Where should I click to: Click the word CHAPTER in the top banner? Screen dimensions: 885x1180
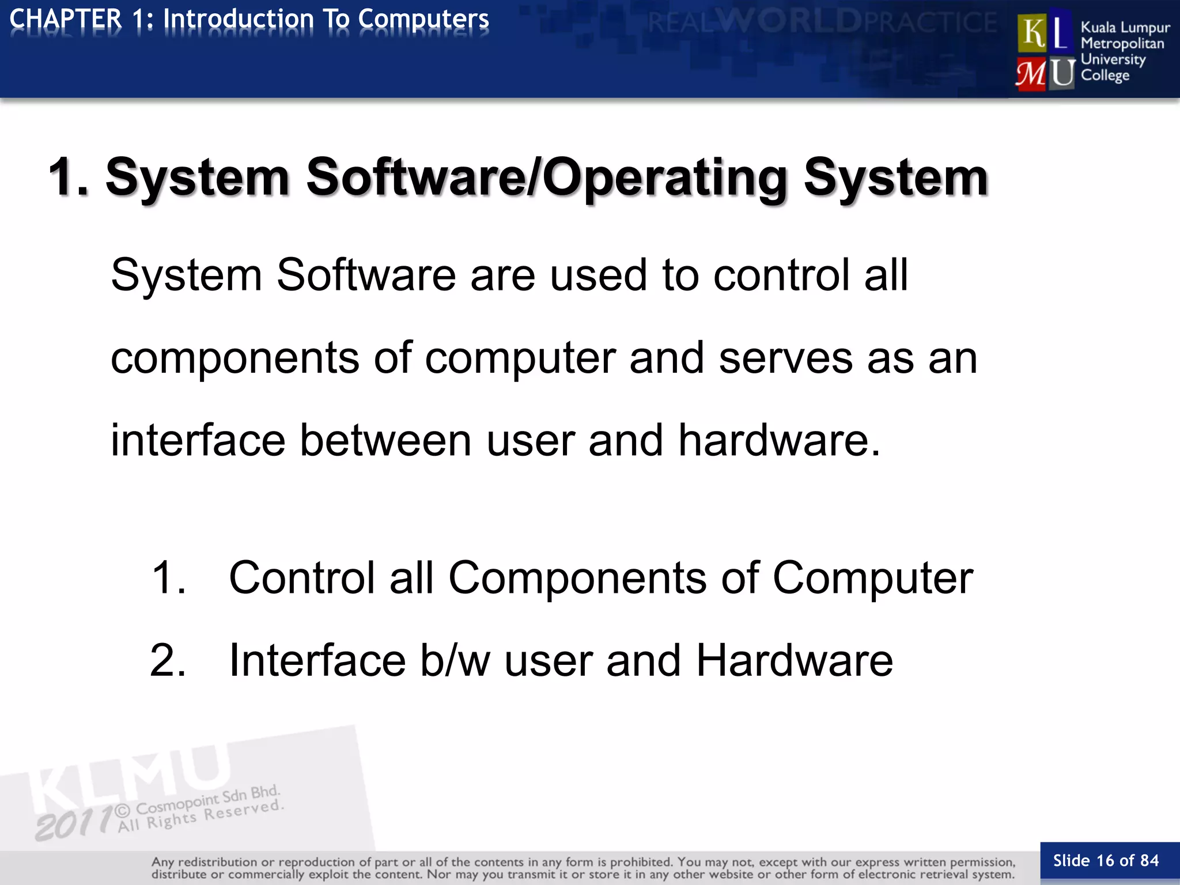[66, 19]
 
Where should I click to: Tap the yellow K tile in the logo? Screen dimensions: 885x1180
[1033, 32]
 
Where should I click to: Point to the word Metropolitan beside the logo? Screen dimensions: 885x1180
[1122, 44]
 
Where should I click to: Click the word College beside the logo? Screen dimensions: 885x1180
[1105, 75]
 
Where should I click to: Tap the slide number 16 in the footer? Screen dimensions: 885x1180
[1105, 861]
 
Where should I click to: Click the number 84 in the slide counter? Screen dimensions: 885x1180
[1149, 861]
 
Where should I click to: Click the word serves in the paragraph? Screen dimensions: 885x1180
[786, 358]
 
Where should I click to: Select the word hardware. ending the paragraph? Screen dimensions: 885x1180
[779, 441]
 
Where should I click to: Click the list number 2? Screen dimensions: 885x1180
[168, 660]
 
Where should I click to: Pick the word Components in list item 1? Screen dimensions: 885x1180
[577, 578]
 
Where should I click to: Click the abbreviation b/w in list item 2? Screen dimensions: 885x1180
[455, 660]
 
